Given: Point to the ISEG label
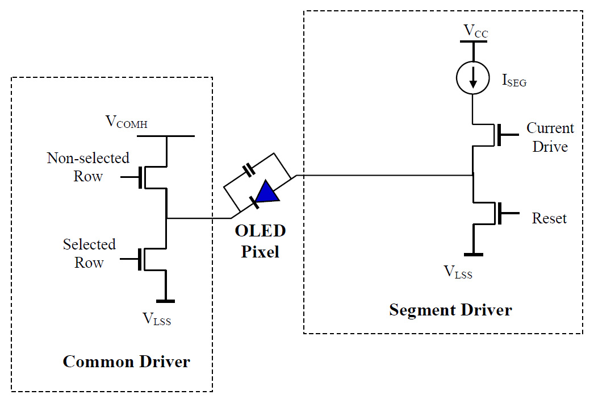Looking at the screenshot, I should point(513,81).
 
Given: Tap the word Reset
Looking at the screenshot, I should point(549,218).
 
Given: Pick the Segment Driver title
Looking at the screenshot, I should point(450,310).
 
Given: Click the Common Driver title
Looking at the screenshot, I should point(126,362).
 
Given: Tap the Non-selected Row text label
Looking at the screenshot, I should point(88,167).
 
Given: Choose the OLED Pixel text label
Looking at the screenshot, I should point(260,241).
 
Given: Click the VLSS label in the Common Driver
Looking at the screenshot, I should point(156,319).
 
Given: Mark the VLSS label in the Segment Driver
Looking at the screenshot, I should point(458,272).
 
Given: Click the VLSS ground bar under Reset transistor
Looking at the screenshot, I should point(474,254).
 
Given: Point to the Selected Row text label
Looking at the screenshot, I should point(89,253).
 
